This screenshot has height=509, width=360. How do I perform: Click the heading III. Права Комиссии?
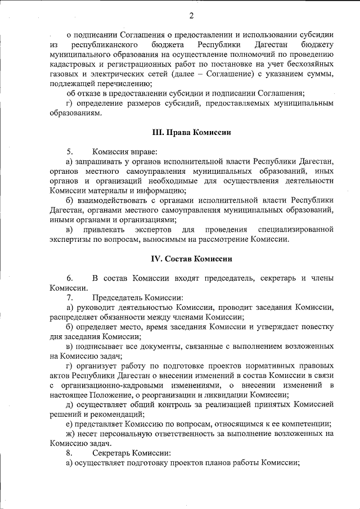click(x=191, y=133)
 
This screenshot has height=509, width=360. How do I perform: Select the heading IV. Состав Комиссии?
click(x=191, y=259)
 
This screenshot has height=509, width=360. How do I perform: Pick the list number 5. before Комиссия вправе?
click(x=70, y=152)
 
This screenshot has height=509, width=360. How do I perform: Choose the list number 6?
click(x=70, y=278)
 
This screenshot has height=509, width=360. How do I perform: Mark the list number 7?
click(x=70, y=298)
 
